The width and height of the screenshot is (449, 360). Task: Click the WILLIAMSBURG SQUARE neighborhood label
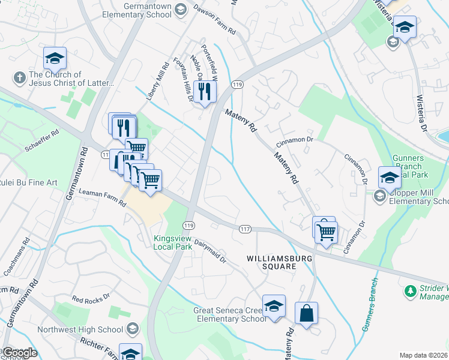click(271, 262)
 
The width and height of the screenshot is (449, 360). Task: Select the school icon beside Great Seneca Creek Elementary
click(274, 306)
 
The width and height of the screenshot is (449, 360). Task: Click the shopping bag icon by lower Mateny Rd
click(306, 313)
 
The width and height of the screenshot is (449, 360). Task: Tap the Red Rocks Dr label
click(91, 297)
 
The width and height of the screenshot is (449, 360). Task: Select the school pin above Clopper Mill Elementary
click(389, 178)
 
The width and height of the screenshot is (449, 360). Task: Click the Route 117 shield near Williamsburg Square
click(244, 229)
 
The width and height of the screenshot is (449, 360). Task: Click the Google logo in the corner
click(20, 353)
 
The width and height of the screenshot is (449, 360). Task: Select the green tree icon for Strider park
click(411, 291)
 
